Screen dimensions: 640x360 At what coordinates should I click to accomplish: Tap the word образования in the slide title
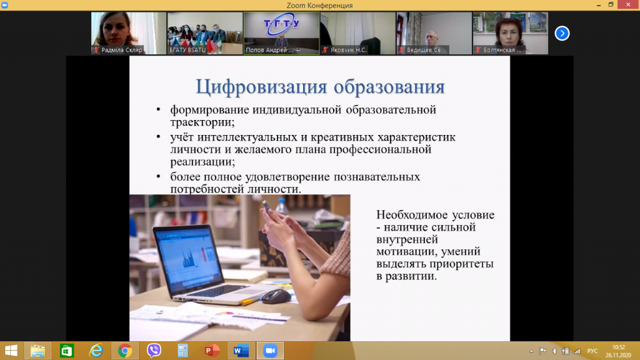coord(389,87)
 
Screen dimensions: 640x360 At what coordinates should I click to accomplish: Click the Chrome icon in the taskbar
coord(125,351)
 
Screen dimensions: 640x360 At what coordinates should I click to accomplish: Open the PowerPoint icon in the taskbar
coord(211,351)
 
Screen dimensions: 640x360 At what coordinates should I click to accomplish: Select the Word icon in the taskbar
coord(241,351)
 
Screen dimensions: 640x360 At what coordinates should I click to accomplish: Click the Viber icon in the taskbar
coord(154,351)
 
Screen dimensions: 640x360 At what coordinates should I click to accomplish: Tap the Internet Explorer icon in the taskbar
coord(96,351)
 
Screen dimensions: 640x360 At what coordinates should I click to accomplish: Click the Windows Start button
coord(11,351)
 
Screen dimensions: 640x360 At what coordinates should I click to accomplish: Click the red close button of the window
coord(628,4)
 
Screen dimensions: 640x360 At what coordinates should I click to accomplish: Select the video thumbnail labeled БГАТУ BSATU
coord(205,33)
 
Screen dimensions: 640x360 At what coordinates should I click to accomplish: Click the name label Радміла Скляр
coord(122,50)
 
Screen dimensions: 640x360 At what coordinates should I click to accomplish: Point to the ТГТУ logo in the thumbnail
coord(282,25)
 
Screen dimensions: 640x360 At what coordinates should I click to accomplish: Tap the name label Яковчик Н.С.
coord(348,50)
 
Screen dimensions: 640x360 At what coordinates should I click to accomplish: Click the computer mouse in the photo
coord(276,296)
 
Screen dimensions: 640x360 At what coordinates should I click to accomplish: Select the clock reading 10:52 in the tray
coord(618,347)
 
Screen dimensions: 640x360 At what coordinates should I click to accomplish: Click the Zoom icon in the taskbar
coord(270,351)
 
